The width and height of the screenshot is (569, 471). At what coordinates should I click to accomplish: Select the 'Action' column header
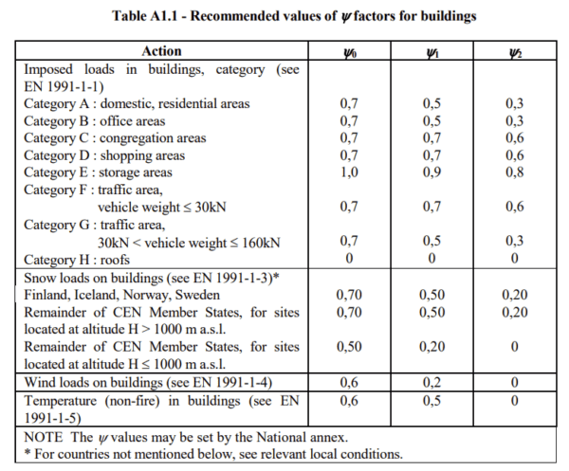(x=161, y=51)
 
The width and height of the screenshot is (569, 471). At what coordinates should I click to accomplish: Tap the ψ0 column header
(x=349, y=51)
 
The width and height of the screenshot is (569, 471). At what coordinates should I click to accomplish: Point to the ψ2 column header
(x=513, y=51)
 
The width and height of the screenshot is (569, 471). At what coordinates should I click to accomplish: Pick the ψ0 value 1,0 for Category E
(x=349, y=172)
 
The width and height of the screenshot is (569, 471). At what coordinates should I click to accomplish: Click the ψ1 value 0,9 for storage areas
(x=431, y=172)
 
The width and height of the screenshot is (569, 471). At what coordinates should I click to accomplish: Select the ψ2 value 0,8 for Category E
(x=514, y=172)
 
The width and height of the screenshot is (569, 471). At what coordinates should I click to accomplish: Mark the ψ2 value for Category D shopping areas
(x=514, y=155)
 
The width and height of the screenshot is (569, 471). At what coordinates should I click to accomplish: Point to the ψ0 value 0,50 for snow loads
(x=349, y=347)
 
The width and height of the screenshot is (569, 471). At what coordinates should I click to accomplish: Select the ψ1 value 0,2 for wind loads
(x=431, y=382)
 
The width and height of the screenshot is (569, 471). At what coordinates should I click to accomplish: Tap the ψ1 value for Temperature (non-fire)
(x=431, y=400)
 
